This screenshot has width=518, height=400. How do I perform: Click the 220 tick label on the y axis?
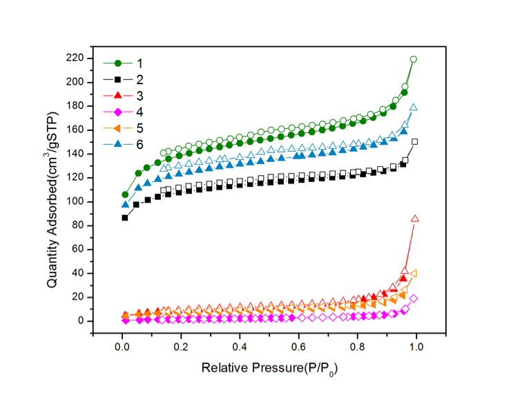point(75,58)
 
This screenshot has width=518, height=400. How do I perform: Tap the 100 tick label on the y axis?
point(75,201)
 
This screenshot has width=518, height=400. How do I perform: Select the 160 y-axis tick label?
point(75,130)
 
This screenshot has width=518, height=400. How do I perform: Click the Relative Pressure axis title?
point(269,369)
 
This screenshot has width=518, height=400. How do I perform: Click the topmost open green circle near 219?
point(414,59)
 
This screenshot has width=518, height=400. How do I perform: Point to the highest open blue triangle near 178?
point(414,108)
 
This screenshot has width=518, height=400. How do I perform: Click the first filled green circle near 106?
point(125,194)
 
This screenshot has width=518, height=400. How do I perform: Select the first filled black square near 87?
point(125,217)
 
